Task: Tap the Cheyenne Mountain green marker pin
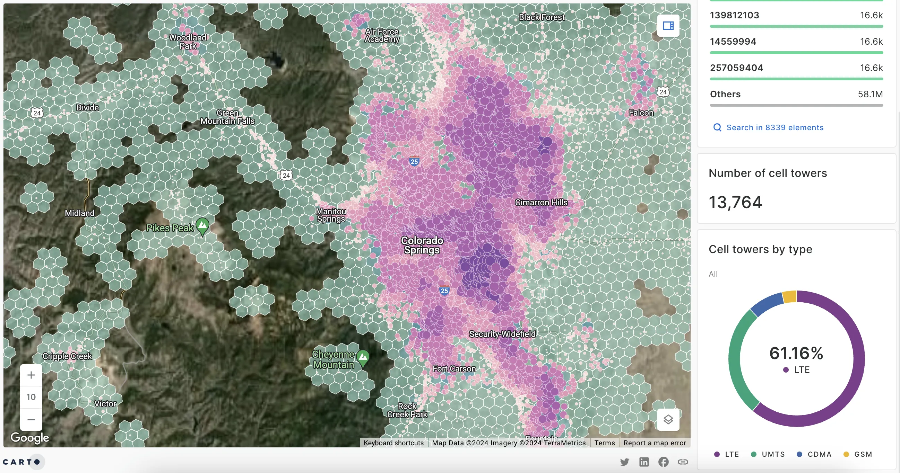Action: (363, 357)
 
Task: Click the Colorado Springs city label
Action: (422, 245)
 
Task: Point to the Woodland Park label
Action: (188, 42)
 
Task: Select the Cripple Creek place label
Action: (67, 356)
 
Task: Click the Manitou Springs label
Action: (330, 215)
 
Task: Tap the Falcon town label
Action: (641, 113)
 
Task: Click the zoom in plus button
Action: (31, 375)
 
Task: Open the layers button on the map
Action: (668, 419)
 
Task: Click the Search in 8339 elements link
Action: (774, 127)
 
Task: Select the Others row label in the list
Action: (725, 94)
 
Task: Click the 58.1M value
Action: (870, 94)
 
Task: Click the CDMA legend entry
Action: (819, 454)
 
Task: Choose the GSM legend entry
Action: (863, 454)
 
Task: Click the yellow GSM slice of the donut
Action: (790, 296)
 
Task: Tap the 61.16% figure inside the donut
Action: (796, 353)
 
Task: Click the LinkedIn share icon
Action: (643, 462)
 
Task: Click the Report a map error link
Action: (655, 443)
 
